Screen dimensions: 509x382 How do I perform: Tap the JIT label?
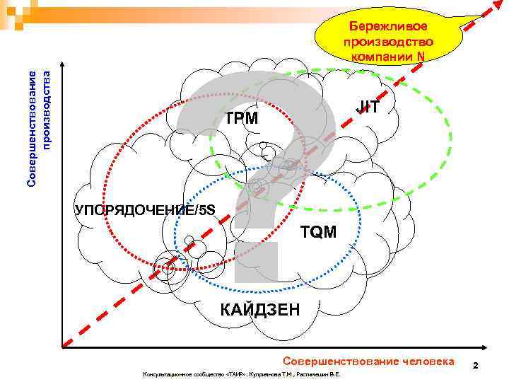click(x=368, y=108)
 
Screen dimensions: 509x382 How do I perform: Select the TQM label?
click(x=318, y=231)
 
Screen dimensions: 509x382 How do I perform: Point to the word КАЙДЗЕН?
click(x=259, y=309)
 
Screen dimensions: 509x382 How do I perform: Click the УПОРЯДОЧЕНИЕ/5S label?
click(x=145, y=208)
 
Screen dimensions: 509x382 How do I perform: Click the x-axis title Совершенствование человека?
click(x=368, y=361)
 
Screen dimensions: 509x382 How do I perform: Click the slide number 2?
click(x=476, y=366)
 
